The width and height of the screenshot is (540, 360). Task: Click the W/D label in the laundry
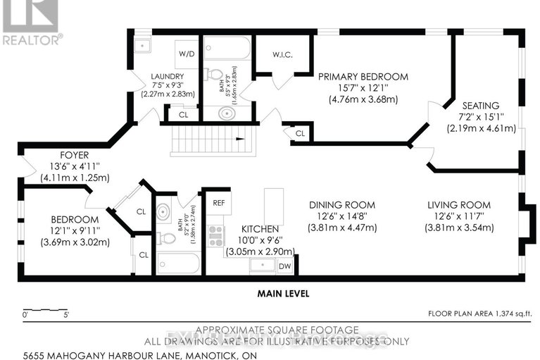pyautogui.click(x=187, y=53)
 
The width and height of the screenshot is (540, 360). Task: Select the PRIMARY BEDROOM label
pyautogui.click(x=363, y=76)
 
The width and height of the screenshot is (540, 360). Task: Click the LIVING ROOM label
pyautogui.click(x=459, y=205)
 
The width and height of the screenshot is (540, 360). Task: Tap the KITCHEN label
pyautogui.click(x=260, y=229)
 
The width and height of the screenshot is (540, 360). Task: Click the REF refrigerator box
pyautogui.click(x=218, y=203)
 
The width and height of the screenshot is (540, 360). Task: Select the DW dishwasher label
pyautogui.click(x=284, y=266)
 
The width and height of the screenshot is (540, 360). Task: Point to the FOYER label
pyautogui.click(x=54, y=154)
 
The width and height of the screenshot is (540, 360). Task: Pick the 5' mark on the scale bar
pyautogui.click(x=67, y=315)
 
